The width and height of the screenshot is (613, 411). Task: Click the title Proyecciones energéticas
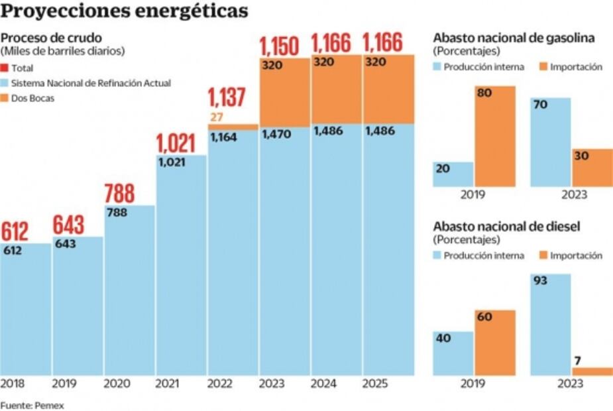click(x=125, y=12)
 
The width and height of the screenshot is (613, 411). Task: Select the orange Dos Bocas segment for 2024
click(x=336, y=89)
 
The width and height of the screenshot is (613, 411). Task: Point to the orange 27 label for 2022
click(x=217, y=118)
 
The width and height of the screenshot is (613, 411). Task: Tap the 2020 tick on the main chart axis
click(x=115, y=384)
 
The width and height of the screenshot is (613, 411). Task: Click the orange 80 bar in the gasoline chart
click(x=494, y=136)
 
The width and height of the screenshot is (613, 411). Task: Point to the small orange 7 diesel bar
click(x=592, y=372)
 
